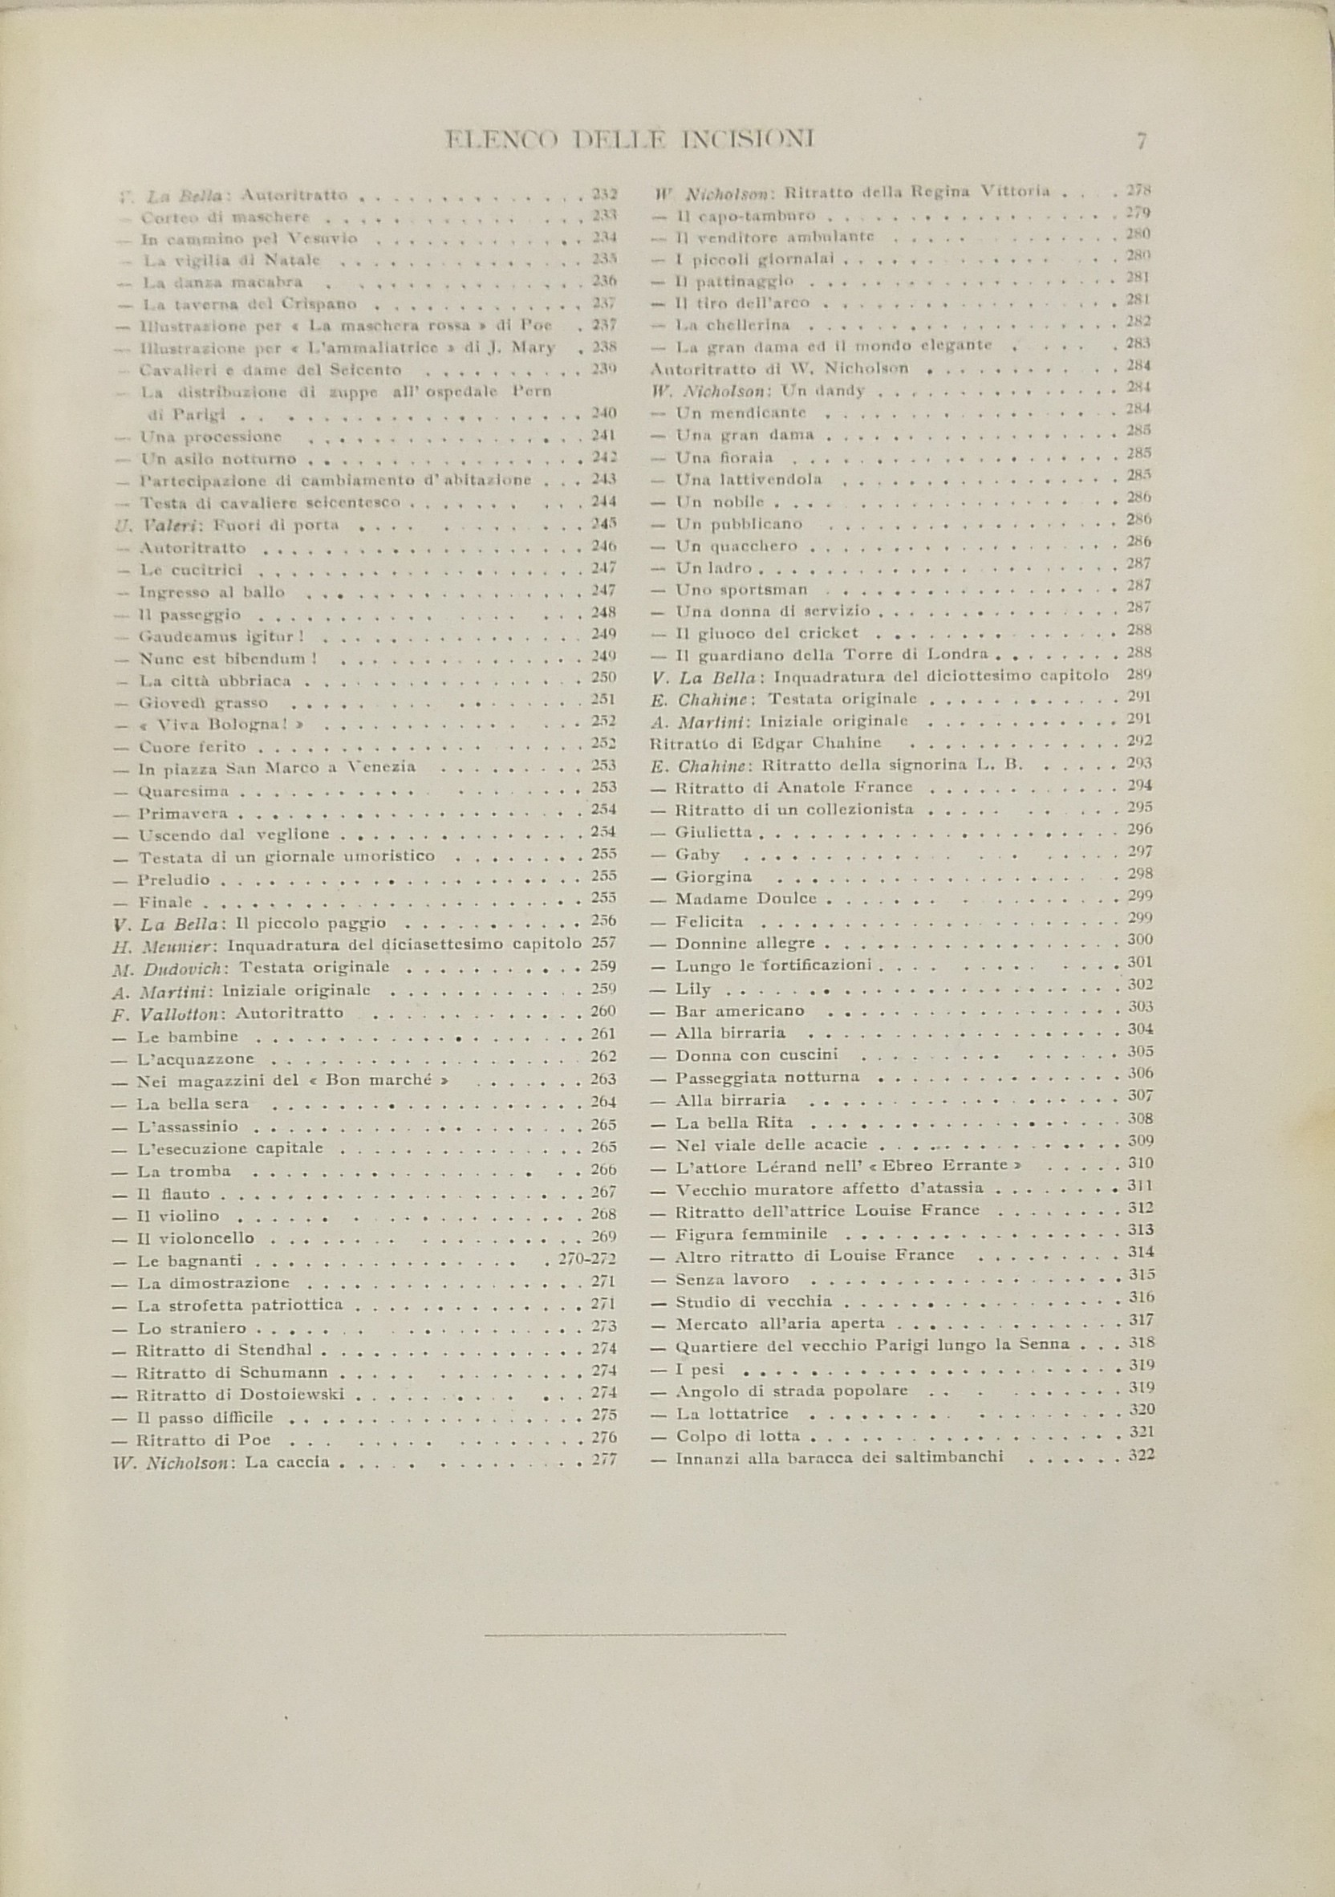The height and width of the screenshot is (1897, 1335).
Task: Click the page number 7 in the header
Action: [x=1141, y=141]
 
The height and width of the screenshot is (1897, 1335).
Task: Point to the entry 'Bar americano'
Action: [x=740, y=1011]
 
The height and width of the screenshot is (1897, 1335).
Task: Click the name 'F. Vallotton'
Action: [x=169, y=1013]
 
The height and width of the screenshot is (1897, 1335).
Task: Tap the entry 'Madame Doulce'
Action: [x=745, y=899]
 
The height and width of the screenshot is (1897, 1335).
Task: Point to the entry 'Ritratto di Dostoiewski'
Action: [x=240, y=1395]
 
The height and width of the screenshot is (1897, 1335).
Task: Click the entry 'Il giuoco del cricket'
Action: [x=767, y=634]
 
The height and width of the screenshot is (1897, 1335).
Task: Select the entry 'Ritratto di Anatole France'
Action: [x=794, y=787]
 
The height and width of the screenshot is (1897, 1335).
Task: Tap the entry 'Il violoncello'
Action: [x=195, y=1238]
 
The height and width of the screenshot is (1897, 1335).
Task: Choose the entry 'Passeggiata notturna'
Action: [x=767, y=1078]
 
